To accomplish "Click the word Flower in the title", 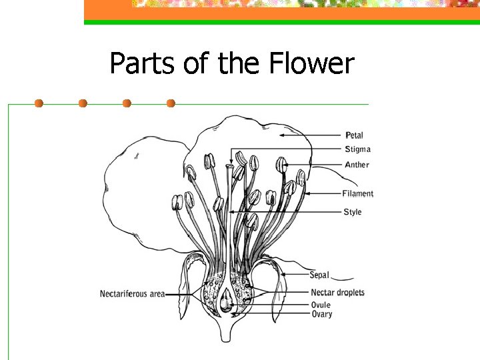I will pos(311,64).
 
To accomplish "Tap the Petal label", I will pos(354,135).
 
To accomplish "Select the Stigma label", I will pos(358,149).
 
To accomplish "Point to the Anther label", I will pos(357,165).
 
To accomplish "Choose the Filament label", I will pos(358,194).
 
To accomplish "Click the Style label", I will pos(353,212).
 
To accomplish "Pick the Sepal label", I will pos(319,275).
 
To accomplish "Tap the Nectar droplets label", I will pos(337,293).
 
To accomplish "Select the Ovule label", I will pos(321,305).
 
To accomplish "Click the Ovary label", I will pos(321,314).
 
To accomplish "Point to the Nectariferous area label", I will pos(133,294).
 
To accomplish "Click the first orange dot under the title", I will pos(39,103).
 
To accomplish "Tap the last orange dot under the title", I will pos(171,103).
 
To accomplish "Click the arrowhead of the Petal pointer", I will pos(281,135).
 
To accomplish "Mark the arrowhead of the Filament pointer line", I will pos(306,194).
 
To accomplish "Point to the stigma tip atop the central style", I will pos(230,165).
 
